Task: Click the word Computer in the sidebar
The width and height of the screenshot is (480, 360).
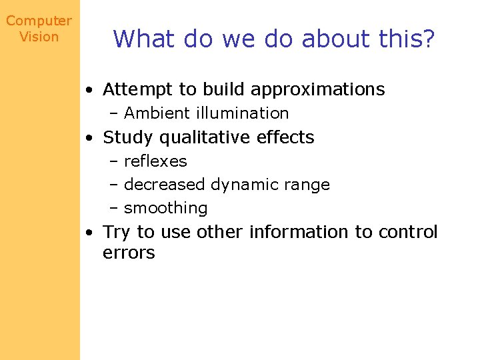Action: tap(39, 21)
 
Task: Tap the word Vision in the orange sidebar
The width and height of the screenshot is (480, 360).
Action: tap(39, 37)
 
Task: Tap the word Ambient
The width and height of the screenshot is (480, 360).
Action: tap(153, 113)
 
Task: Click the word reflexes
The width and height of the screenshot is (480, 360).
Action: tap(155, 161)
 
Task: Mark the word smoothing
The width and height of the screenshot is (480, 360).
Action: tap(166, 208)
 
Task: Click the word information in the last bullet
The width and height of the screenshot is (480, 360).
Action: tap(299, 232)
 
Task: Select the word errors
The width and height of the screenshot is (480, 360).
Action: tap(129, 253)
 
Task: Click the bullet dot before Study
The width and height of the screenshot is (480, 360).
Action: tap(89, 138)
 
